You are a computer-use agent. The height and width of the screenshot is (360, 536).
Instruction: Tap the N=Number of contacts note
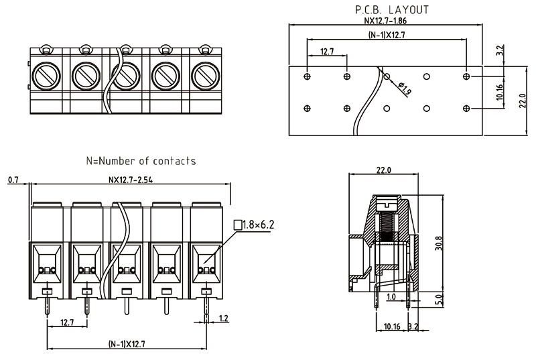(x=141, y=161)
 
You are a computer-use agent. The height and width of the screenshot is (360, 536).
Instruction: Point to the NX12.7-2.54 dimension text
(x=131, y=180)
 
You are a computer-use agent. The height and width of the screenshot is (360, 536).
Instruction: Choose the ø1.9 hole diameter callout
(x=405, y=87)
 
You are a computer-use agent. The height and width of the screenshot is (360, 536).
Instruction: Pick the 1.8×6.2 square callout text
(x=259, y=225)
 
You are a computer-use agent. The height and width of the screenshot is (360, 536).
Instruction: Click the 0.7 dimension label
(x=13, y=180)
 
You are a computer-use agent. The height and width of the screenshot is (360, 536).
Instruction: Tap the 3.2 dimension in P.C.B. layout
(x=499, y=50)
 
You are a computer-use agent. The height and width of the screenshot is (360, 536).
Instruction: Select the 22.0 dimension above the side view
(x=383, y=171)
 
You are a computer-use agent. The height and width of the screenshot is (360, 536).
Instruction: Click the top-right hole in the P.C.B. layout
(x=466, y=77)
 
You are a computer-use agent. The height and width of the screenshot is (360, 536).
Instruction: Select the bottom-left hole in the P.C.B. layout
(x=307, y=108)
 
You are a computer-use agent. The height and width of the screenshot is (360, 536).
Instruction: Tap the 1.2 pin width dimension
(x=224, y=318)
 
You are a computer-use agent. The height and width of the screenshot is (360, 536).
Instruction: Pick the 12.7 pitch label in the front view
(x=67, y=322)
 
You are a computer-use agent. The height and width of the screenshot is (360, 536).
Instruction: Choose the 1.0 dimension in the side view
(x=391, y=296)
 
